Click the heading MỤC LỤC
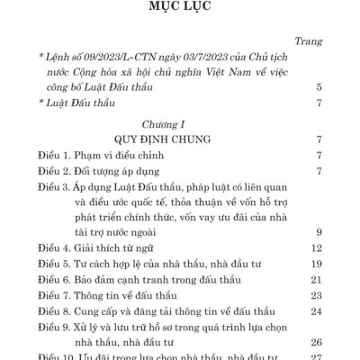pyautogui.click(x=179, y=11)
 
